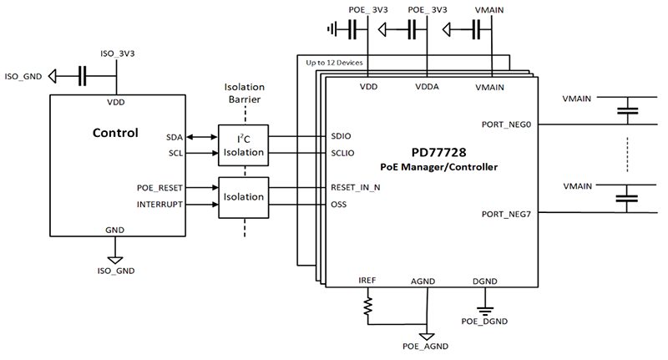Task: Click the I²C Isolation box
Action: [244, 145]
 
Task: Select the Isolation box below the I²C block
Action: [244, 197]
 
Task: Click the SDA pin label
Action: [174, 136]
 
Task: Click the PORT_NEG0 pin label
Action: [506, 124]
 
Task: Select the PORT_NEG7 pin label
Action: [506, 214]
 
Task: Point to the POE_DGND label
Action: [484, 320]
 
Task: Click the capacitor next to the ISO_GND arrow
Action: [83, 77]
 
